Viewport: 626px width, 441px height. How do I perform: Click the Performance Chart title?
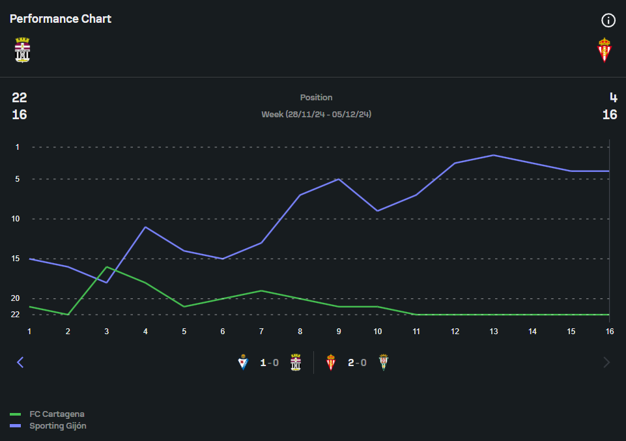coord(61,19)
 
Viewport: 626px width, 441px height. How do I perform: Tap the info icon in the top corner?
coord(608,20)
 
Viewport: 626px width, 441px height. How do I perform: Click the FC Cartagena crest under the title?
coord(22,50)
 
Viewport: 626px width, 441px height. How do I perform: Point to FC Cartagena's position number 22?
coord(20,98)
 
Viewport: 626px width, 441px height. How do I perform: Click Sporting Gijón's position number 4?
coord(613,98)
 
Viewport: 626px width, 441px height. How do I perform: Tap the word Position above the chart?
coord(316,98)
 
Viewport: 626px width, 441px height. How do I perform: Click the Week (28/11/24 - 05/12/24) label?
coord(316,115)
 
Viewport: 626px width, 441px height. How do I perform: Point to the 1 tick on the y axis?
coord(18,147)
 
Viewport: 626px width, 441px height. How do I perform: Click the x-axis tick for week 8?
coord(300,331)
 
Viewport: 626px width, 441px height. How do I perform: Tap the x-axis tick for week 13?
coord(494,331)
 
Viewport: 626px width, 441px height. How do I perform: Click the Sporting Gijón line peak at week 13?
coord(494,155)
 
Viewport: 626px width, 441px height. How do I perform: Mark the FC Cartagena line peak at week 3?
coord(106,267)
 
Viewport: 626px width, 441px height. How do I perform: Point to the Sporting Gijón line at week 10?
coord(378,210)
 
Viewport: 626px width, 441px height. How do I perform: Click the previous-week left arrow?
coord(20,362)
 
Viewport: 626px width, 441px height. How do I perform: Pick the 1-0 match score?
coord(269,363)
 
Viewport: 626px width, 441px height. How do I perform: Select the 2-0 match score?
coord(357,363)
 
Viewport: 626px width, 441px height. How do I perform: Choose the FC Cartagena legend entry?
coord(57,414)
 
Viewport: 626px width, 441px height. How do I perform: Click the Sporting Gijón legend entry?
coord(58,426)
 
